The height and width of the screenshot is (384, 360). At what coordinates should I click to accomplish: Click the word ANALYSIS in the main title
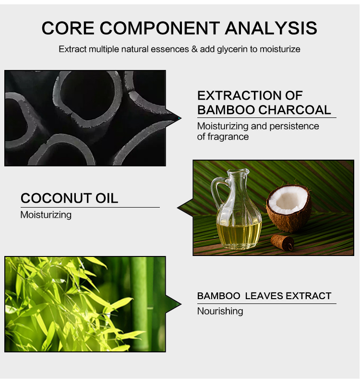[271, 28]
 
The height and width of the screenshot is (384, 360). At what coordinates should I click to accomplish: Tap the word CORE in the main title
[68, 28]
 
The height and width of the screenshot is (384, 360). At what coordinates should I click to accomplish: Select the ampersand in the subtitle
[194, 49]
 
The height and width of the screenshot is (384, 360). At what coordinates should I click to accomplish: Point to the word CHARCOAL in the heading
[295, 110]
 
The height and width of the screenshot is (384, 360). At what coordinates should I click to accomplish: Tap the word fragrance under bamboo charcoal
[228, 137]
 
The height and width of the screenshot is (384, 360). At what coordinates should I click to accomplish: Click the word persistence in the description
[294, 126]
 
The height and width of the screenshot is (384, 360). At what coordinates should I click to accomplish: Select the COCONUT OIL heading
[69, 198]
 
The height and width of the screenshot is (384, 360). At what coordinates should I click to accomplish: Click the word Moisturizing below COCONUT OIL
[46, 215]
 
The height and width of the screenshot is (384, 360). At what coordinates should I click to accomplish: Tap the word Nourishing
[220, 311]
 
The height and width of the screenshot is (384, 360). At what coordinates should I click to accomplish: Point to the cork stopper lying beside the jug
[282, 242]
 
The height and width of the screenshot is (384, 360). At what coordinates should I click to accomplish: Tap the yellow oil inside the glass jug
[239, 234]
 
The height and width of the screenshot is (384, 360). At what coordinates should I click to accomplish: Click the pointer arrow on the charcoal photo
[174, 118]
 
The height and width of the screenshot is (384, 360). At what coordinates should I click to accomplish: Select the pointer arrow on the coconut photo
[185, 208]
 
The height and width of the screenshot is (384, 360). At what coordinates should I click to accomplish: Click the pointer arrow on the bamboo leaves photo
[174, 304]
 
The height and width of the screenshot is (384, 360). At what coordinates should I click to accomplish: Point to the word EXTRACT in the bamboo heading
[309, 296]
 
